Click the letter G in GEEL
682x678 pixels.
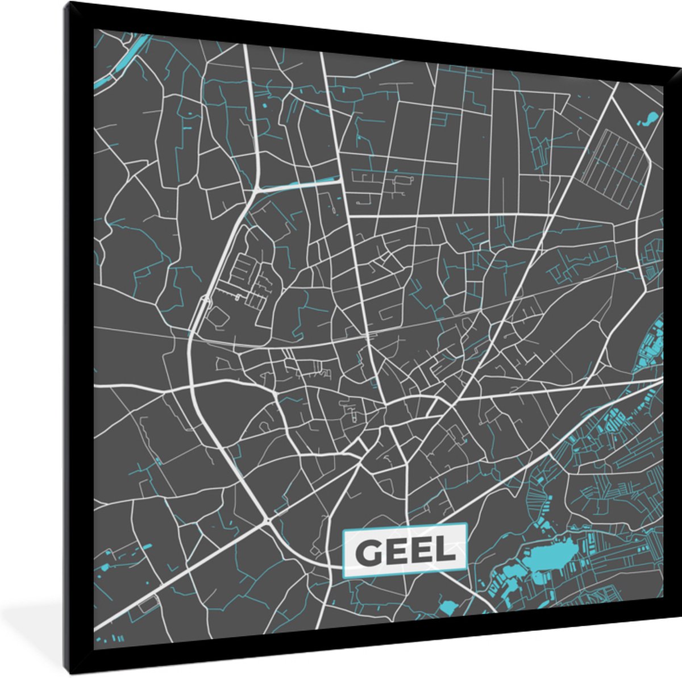click(x=368, y=551)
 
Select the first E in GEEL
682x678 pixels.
click(x=397, y=551)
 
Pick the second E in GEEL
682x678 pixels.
click(x=423, y=551)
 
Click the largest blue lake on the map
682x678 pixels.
click(x=550, y=555)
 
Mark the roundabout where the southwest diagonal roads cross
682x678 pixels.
click(x=267, y=519)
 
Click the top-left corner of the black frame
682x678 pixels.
click(x=66, y=3)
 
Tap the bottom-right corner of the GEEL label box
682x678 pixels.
click(x=466, y=570)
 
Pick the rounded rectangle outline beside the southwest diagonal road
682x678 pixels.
click(x=149, y=604)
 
